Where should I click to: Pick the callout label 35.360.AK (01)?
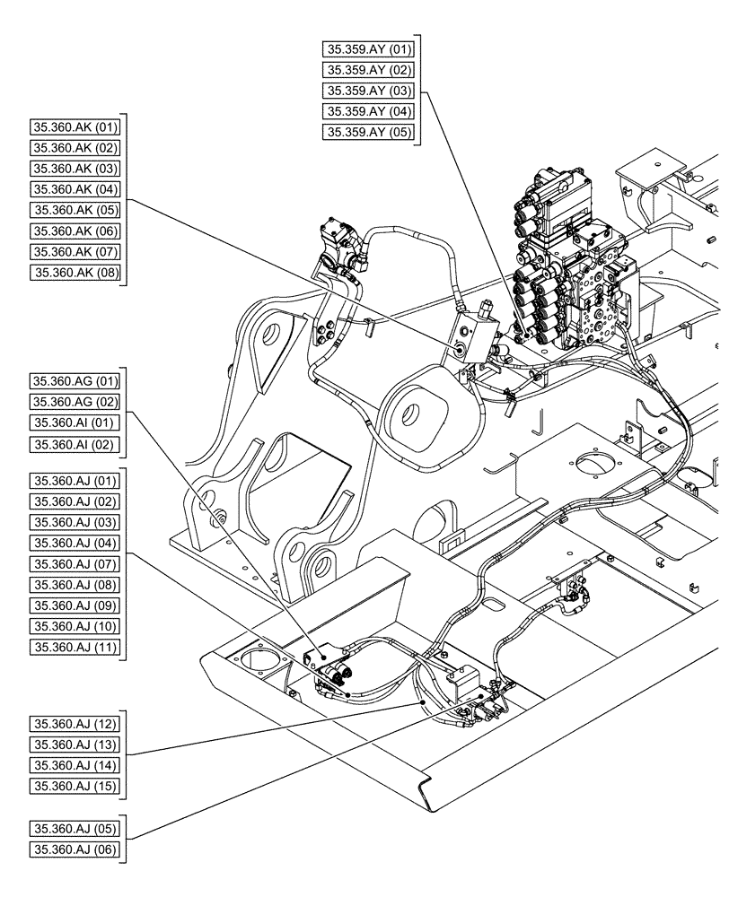(x=75, y=127)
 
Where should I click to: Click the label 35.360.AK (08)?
(x=75, y=272)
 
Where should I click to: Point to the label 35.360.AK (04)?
(x=75, y=189)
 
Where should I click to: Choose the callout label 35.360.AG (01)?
(x=75, y=380)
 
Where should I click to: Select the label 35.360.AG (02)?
(x=75, y=401)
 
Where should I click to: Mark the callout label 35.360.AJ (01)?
(x=75, y=481)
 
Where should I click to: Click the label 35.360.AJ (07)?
(x=75, y=563)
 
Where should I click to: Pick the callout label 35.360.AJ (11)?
(x=75, y=646)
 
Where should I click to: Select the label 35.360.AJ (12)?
(x=75, y=723)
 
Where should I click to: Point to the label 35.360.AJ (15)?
(x=75, y=785)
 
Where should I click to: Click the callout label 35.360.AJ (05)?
(x=75, y=828)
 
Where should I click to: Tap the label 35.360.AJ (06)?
(x=75, y=849)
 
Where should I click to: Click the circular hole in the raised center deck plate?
(x=593, y=464)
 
